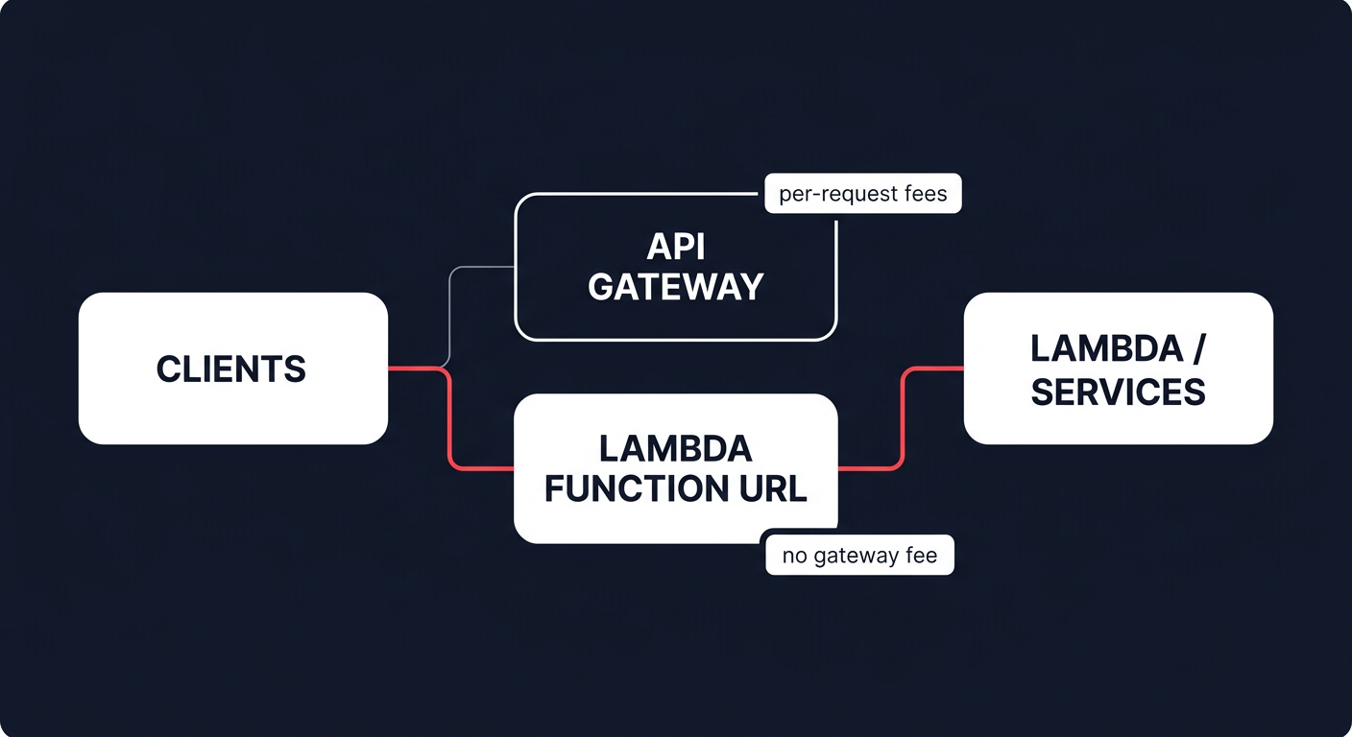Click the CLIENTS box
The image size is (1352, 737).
232,368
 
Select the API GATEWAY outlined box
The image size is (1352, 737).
675,267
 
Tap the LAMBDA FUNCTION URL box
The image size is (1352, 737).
675,468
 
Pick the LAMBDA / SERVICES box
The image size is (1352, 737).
1118,368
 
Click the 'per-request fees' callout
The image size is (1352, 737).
862,194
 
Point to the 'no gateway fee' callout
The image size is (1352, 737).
859,556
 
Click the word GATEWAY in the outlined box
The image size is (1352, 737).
675,287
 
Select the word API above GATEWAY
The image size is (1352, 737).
675,247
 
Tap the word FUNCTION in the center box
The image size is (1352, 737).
638,488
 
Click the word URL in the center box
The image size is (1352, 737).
772,488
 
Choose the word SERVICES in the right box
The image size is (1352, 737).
1118,392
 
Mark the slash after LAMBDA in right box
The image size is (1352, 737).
1196,349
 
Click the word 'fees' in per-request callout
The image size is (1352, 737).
925,194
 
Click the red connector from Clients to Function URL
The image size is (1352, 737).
448,422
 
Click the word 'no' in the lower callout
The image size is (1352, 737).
794,556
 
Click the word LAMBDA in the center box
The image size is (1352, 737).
675,448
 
